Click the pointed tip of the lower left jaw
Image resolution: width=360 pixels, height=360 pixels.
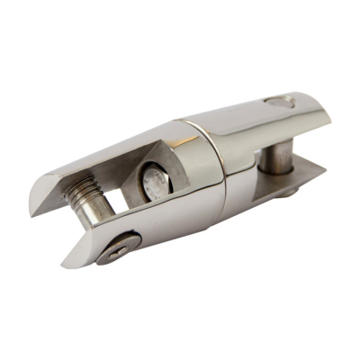coord(67,262)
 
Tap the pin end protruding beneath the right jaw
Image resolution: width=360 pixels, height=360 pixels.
coord(285,190)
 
